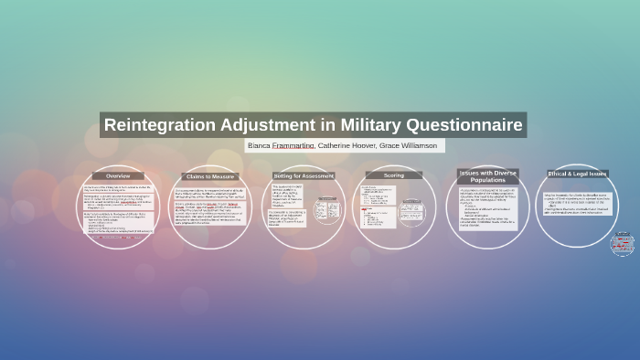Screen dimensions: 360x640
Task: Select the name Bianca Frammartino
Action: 282,146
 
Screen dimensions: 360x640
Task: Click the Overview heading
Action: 117,175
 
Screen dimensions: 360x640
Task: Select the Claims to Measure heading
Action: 209,175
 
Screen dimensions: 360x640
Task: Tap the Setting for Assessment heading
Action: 304,175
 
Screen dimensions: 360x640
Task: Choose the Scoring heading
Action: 394,175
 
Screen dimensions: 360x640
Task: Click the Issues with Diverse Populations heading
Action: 487,175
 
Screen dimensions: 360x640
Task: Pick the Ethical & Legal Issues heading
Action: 577,173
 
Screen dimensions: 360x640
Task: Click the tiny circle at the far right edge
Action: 623,243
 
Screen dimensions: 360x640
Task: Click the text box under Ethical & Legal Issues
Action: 576,202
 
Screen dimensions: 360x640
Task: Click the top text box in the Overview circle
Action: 117,187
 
